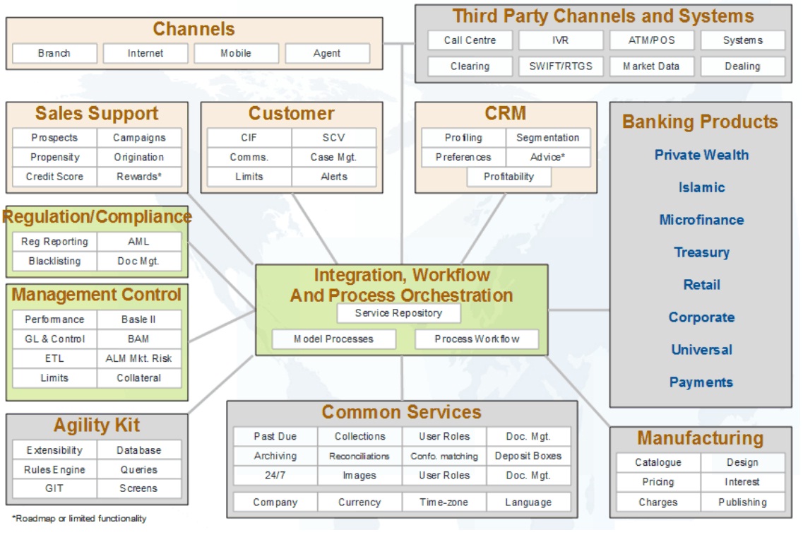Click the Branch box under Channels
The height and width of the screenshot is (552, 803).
[x=54, y=53]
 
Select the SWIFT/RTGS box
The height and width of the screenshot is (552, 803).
[x=561, y=66]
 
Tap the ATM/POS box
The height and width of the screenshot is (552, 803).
[x=651, y=40]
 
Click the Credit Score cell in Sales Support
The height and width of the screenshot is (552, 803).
[x=55, y=176]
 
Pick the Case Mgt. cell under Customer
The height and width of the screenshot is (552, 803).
[x=334, y=157]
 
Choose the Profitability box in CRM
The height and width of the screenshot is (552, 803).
[x=509, y=177]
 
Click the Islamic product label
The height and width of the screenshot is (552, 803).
[x=701, y=187]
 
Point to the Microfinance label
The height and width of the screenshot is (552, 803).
[x=701, y=220]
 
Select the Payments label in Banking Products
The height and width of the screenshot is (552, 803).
[x=701, y=382]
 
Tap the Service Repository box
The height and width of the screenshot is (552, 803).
[x=398, y=313]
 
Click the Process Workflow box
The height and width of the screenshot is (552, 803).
[x=477, y=339]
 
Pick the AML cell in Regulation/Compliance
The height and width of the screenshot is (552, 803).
[x=139, y=242]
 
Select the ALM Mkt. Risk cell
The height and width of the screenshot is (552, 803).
[x=139, y=358]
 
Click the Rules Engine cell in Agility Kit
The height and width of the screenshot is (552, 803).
[x=55, y=469]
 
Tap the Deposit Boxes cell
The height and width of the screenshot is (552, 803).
[x=528, y=456]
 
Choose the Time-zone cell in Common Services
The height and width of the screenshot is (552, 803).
[x=444, y=503]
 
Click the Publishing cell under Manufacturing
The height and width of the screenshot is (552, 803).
[x=742, y=503]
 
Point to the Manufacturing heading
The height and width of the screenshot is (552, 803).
[x=700, y=438]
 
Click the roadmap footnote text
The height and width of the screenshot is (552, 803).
[x=79, y=519]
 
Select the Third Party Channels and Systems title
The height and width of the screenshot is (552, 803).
[x=602, y=16]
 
